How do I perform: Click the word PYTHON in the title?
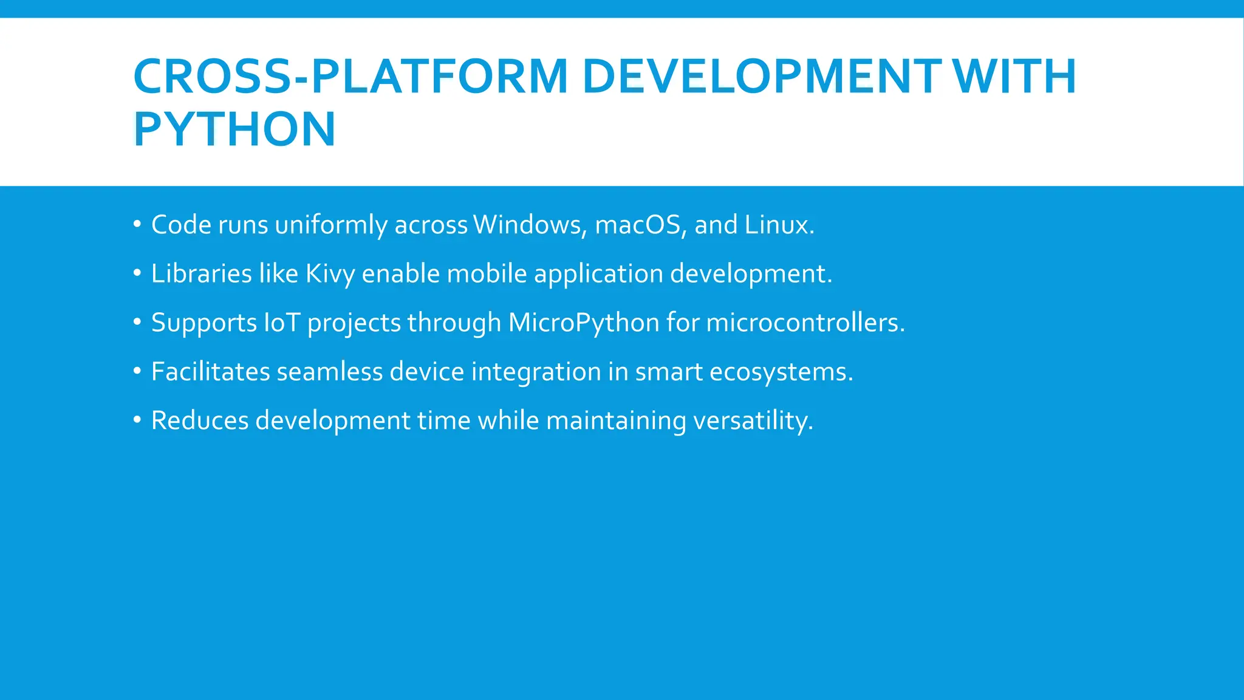pyautogui.click(x=234, y=129)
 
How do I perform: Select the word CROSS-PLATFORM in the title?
pyautogui.click(x=350, y=77)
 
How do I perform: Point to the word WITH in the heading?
pyautogui.click(x=1014, y=77)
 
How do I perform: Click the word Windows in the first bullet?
pyautogui.click(x=530, y=225)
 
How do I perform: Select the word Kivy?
pyautogui.click(x=330, y=274)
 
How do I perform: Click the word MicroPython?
pyautogui.click(x=584, y=323)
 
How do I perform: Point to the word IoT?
pyautogui.click(x=282, y=323)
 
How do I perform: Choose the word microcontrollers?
pyautogui.click(x=805, y=323)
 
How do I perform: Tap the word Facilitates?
pyautogui.click(x=210, y=372)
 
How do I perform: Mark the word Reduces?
pyautogui.click(x=200, y=420)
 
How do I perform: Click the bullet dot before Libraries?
pyautogui.click(x=137, y=273)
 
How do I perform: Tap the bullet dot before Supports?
pyautogui.click(x=137, y=322)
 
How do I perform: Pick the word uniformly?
pyautogui.click(x=331, y=225)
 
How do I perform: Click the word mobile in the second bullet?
pyautogui.click(x=487, y=274)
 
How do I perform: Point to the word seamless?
pyautogui.click(x=330, y=372)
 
